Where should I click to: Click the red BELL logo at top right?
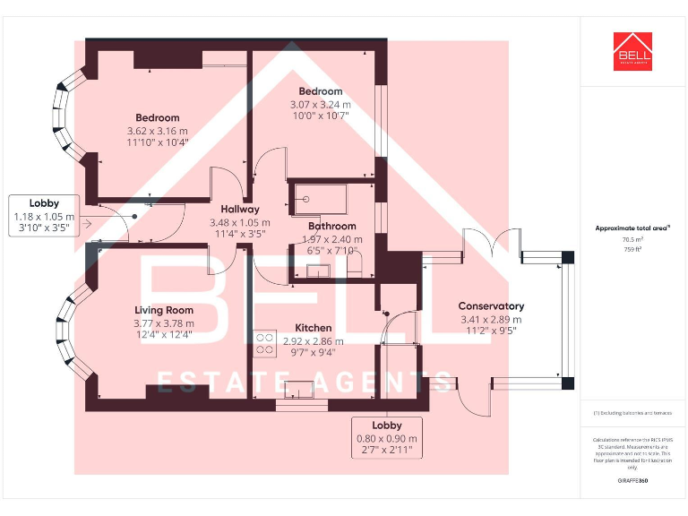click(632, 51)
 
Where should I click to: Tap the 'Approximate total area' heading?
click(632, 228)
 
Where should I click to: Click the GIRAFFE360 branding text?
click(632, 481)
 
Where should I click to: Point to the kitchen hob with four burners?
click(264, 344)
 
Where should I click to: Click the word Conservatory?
click(491, 306)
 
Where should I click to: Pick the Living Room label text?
click(167, 311)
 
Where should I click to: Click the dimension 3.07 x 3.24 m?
click(320, 104)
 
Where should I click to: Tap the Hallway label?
click(240, 210)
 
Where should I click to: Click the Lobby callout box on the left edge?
click(44, 216)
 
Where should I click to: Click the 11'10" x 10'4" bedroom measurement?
click(158, 142)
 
